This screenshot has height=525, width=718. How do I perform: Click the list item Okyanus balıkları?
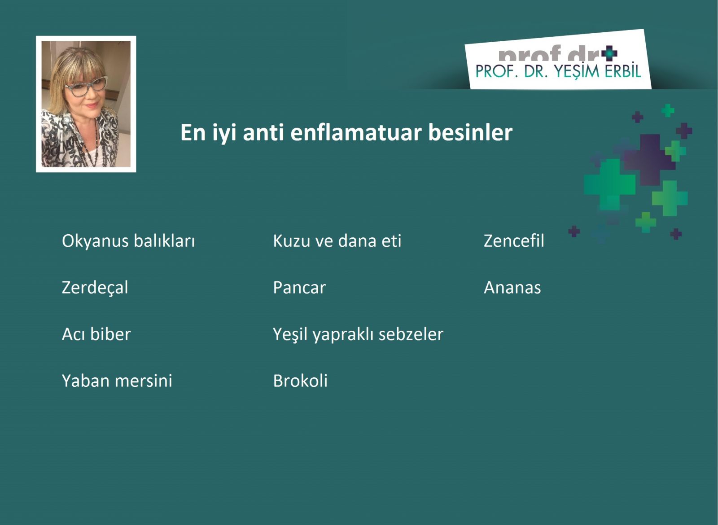[128, 241]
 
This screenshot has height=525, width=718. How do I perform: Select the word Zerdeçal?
[95, 288]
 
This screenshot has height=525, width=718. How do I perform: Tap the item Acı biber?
[96, 334]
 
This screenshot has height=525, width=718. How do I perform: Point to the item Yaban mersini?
[117, 381]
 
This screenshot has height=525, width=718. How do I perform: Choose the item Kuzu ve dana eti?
[337, 241]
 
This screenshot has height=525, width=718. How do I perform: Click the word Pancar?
[299, 288]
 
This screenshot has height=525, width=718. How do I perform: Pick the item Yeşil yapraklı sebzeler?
[358, 335]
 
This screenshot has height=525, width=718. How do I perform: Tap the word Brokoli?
[300, 381]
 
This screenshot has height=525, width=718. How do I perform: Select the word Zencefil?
[514, 241]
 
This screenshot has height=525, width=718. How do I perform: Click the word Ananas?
[512, 288]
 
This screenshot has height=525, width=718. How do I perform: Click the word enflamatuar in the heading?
[356, 132]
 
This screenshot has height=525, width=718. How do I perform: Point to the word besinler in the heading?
[470, 132]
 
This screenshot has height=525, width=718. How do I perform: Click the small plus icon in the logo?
[609, 53]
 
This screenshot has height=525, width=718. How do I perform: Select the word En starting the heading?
[193, 132]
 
